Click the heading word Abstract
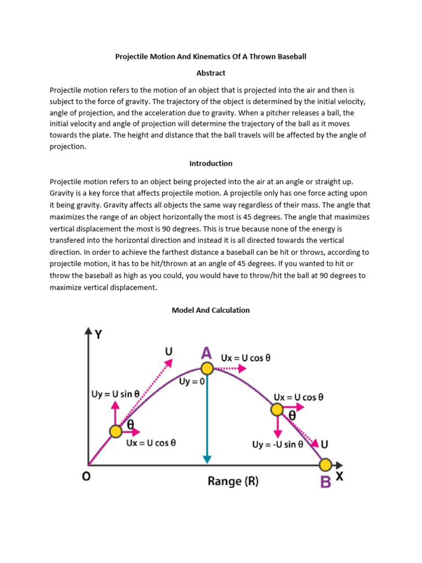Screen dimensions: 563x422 point(211,73)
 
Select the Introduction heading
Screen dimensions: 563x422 point(211,163)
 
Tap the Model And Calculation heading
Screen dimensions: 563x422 point(211,310)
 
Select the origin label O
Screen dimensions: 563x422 point(86,477)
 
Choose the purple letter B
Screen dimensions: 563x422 point(326,483)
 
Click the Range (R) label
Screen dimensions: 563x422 point(233,482)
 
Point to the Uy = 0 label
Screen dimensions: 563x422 point(192,380)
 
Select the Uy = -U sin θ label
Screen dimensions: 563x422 point(277,444)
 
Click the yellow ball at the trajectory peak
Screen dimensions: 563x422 point(207,368)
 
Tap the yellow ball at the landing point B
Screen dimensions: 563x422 point(325,465)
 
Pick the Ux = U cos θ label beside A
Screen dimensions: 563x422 point(246,358)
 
